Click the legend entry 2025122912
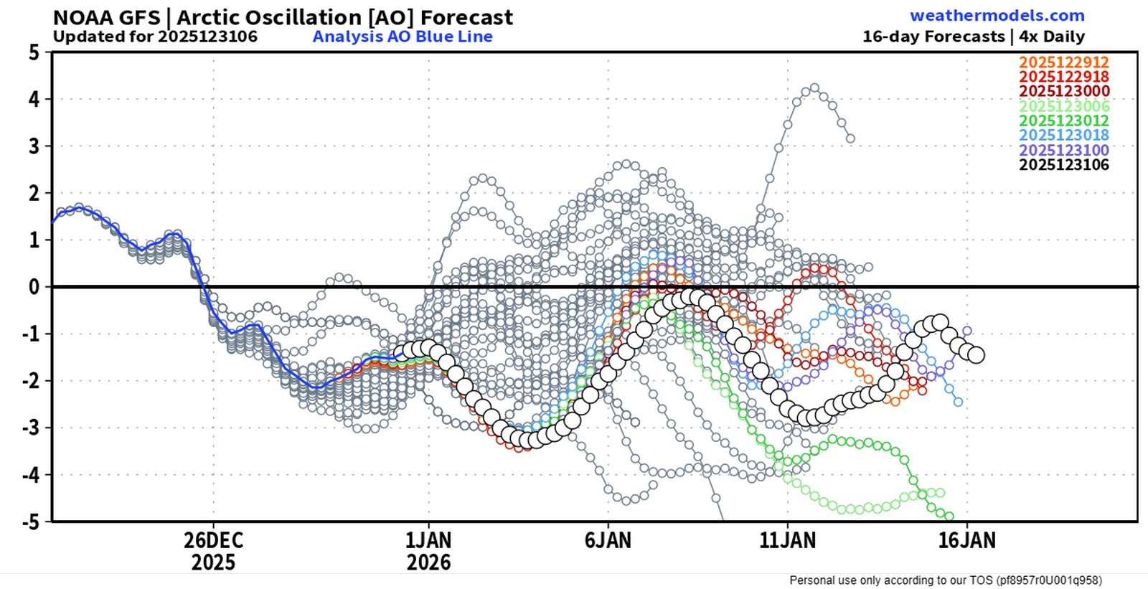tap(1064, 62)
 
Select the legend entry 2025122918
tap(1064, 77)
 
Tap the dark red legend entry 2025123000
tap(1064, 91)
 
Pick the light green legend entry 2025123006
tap(1064, 106)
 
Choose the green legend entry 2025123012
tap(1064, 121)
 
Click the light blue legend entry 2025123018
tap(1064, 135)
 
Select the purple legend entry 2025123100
tap(1064, 150)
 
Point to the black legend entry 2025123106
tap(1064, 165)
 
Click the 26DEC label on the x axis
tap(213, 540)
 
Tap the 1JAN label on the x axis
tap(428, 540)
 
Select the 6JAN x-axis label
tap(608, 540)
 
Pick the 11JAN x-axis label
tap(787, 540)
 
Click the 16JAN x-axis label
tap(966, 540)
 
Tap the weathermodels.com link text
tap(997, 16)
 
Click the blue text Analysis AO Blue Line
tap(403, 37)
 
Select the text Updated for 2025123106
tap(155, 37)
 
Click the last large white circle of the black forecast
tap(976, 354)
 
